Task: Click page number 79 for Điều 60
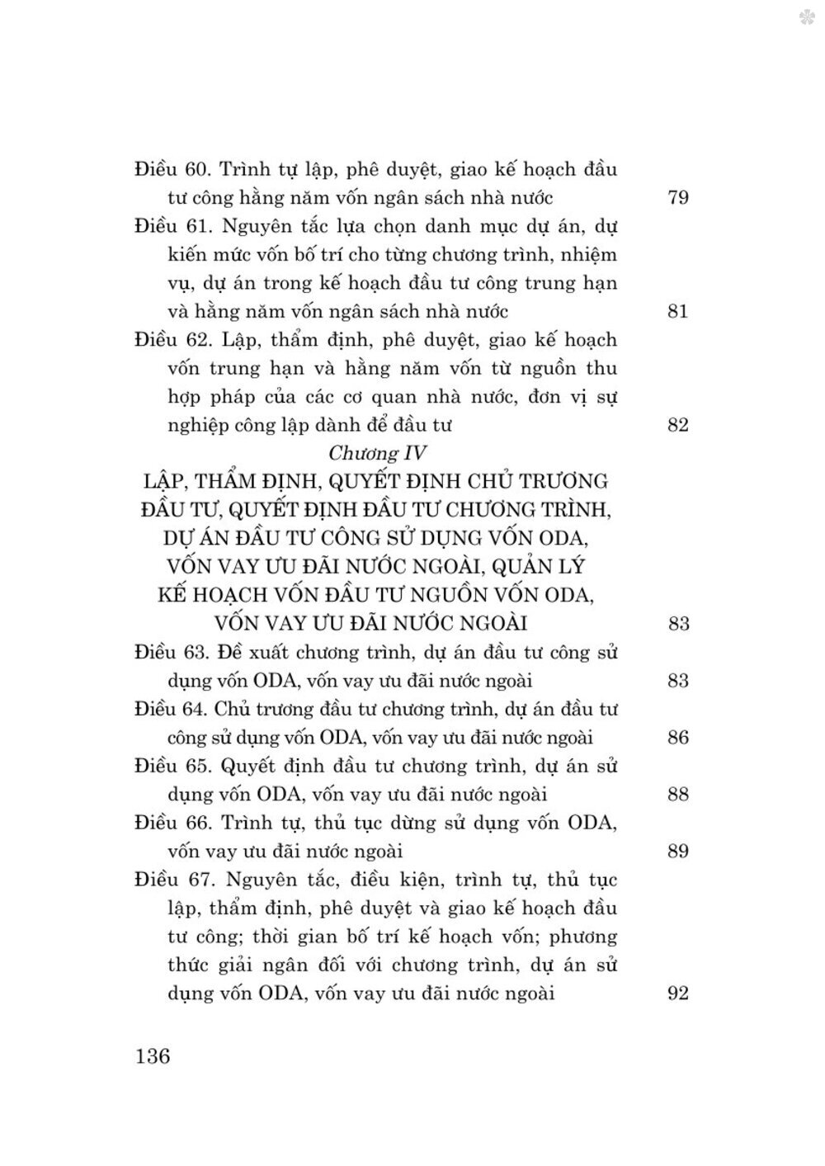(676, 198)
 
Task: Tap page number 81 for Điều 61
(676, 312)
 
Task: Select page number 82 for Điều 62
(676, 426)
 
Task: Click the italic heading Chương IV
(377, 453)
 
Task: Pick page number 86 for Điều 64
(677, 738)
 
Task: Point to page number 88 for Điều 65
(677, 795)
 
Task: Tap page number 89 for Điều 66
(677, 852)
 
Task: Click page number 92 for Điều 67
(676, 994)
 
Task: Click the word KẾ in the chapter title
(174, 595)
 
